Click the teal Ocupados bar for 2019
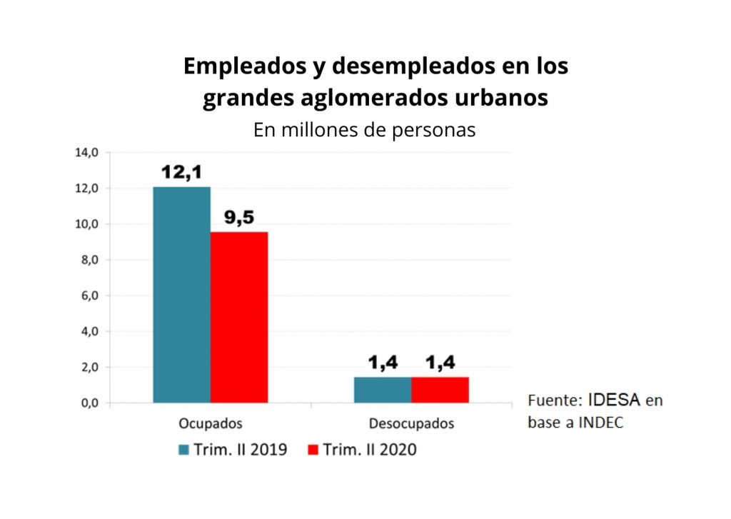181,294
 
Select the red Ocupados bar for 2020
239,317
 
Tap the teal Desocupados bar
383,390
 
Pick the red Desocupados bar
440,390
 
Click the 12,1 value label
181,173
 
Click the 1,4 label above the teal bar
383,363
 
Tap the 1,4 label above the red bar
440,363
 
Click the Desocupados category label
411,423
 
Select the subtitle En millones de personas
364,131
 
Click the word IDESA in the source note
615,400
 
